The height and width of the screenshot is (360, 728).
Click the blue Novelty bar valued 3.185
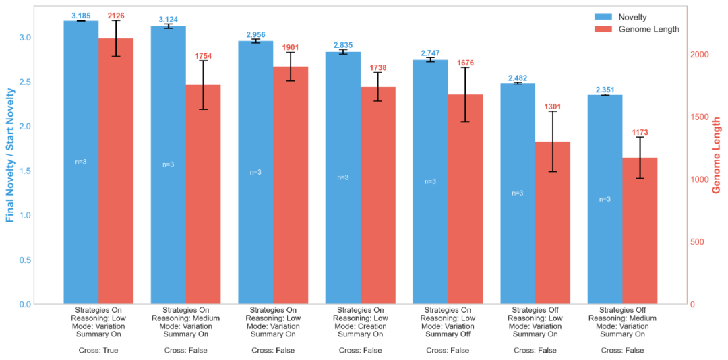[x=81, y=162]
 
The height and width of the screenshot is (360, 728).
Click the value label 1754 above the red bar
[x=203, y=56]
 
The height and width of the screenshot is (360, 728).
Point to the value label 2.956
[x=255, y=34]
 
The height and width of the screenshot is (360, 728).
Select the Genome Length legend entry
[x=640, y=29]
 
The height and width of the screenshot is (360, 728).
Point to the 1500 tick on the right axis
[x=698, y=117]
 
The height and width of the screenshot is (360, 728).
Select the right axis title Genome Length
[x=717, y=155]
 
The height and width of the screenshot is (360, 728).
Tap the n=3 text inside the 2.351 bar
[x=605, y=199]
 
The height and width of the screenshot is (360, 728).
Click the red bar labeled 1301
[x=553, y=222]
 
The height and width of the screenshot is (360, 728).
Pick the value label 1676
[x=465, y=63]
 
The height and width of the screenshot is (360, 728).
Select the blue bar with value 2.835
[x=343, y=178]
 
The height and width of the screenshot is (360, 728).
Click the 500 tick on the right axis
[x=696, y=242]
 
